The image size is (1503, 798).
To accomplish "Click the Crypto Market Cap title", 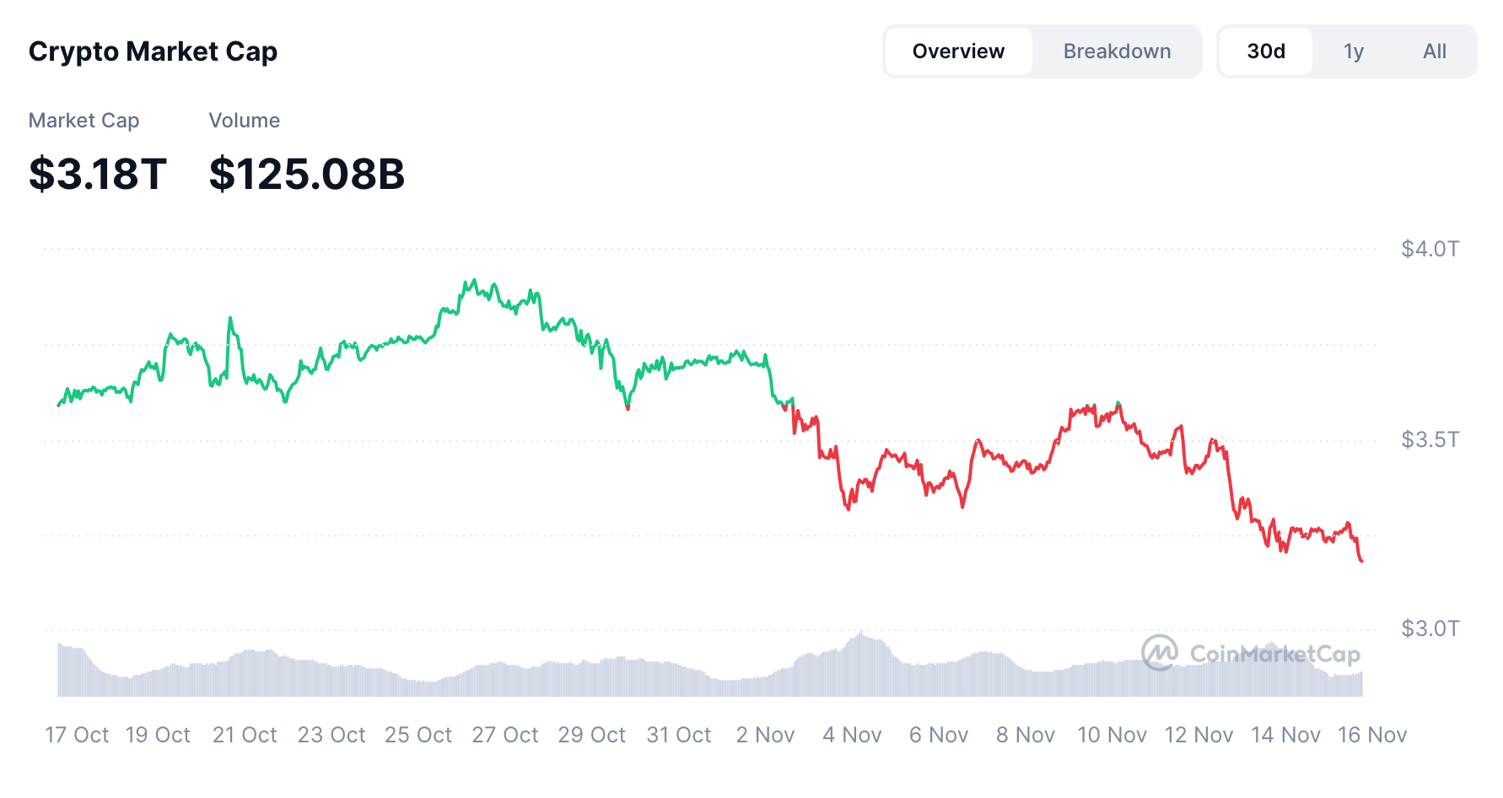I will click(153, 51).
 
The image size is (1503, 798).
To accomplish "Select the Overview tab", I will click(958, 51).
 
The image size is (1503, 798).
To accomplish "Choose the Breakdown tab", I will click(1117, 51).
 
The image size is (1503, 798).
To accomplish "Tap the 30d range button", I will click(1266, 51).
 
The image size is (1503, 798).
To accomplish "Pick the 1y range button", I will click(1353, 51).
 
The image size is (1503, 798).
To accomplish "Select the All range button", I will click(1434, 51).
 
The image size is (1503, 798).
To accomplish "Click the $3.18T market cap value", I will click(98, 174).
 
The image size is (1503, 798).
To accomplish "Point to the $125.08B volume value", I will click(307, 174).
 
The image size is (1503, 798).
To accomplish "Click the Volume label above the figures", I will click(245, 121).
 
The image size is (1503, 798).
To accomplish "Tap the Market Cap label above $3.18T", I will click(83, 121).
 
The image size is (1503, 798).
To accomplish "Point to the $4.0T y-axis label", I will click(1430, 249).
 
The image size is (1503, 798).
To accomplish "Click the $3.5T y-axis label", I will click(1430, 439).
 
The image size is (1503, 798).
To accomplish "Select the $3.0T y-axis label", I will click(1430, 628).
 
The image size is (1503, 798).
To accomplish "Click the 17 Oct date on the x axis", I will click(77, 735).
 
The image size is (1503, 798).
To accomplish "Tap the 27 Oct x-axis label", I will click(504, 735).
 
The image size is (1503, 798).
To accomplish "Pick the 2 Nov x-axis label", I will click(765, 735).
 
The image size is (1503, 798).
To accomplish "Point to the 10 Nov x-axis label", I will click(1112, 735).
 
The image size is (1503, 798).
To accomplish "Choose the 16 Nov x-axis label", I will click(1372, 735).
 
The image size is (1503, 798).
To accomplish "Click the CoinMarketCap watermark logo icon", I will click(1160, 653).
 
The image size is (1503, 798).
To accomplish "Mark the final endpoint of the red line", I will click(1362, 561).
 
